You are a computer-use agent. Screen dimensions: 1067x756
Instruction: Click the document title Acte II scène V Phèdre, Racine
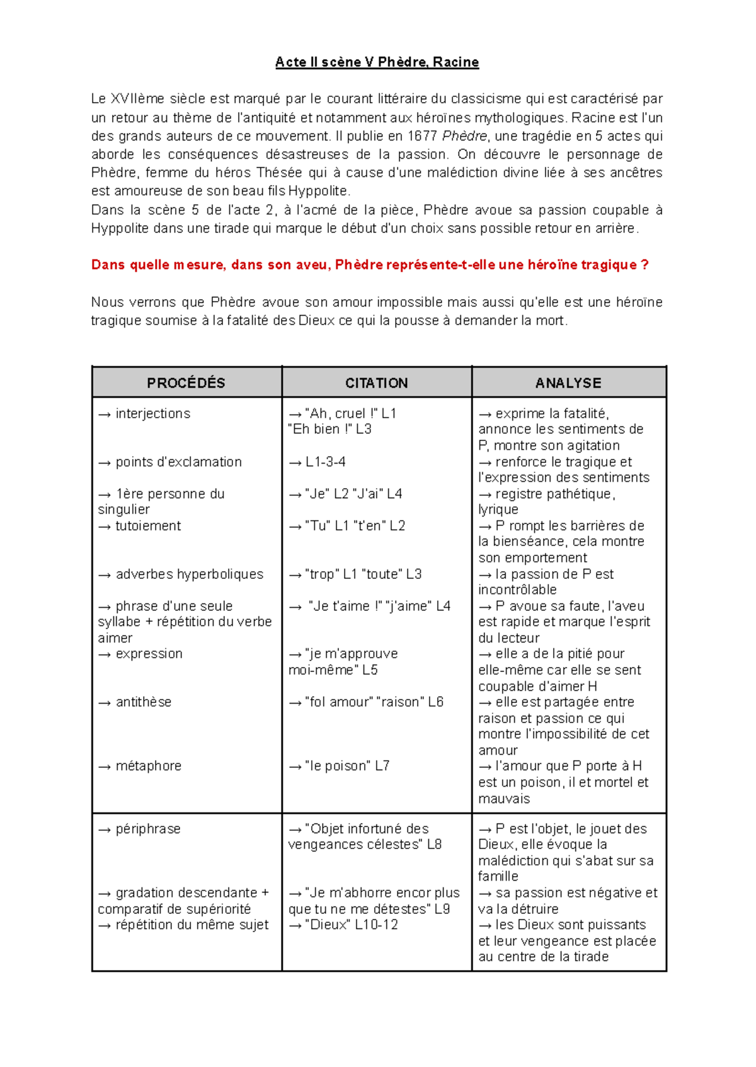[x=377, y=62]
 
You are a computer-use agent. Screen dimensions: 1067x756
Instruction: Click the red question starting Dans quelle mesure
[x=370, y=265]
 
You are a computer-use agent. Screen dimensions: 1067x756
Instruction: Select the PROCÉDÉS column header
[x=186, y=383]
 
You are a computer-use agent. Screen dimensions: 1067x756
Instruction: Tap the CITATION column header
[x=376, y=383]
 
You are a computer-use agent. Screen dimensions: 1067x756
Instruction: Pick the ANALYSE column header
[x=568, y=383]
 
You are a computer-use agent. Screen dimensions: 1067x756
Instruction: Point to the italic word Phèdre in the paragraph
[x=464, y=136]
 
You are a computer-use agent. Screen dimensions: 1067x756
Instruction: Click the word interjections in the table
[x=152, y=414]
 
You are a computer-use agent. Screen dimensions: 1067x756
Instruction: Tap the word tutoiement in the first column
[x=147, y=526]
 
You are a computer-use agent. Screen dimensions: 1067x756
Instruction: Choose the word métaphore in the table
[x=148, y=767]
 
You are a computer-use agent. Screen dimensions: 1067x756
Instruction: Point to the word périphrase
[x=147, y=830]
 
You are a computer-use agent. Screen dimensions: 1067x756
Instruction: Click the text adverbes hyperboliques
[x=189, y=574]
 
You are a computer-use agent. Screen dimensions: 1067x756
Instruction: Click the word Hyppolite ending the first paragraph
[x=317, y=191]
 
